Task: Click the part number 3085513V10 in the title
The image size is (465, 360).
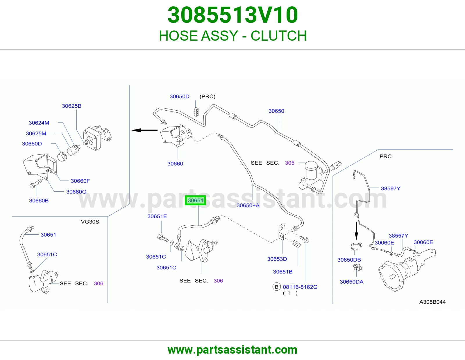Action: (233, 15)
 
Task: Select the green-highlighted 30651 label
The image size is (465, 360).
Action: (195, 200)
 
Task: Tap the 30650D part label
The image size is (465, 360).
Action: (179, 96)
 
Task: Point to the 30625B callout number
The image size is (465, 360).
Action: (71, 106)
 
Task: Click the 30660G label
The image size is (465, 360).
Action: (76, 192)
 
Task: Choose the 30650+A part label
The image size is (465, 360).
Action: (248, 205)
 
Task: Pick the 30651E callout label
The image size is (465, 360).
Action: (157, 216)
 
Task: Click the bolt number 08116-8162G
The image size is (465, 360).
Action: (300, 287)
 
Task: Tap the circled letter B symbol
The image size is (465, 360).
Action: (276, 287)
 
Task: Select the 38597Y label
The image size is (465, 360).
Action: (391, 188)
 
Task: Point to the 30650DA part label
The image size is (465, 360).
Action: (351, 282)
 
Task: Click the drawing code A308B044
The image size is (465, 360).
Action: (432, 302)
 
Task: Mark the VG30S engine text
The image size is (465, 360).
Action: (90, 222)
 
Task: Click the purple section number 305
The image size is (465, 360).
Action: (289, 163)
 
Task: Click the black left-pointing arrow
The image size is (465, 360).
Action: (144, 130)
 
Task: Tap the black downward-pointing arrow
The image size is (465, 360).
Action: (356, 231)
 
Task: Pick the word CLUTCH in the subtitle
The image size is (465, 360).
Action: (279, 36)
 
